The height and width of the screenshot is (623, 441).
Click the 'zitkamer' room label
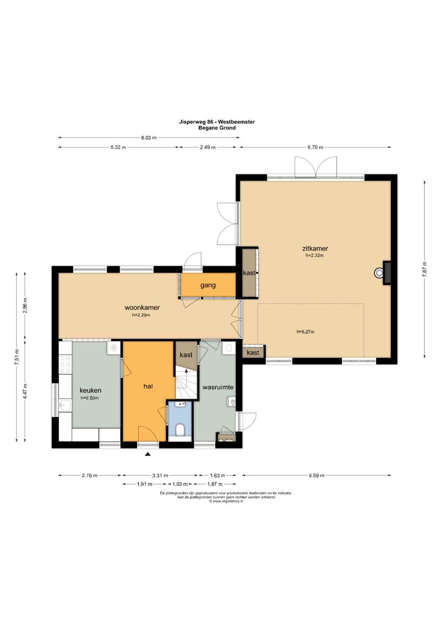click(315, 248)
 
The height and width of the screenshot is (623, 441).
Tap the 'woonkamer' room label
click(142, 307)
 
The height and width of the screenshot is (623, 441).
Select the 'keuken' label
click(91, 390)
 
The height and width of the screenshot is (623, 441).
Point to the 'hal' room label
click(148, 386)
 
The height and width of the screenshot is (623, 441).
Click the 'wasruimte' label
click(218, 387)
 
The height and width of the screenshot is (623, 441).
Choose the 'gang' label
click(208, 285)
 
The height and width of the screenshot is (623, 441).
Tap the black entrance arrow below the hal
click(148, 454)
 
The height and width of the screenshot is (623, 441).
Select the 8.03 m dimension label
click(149, 137)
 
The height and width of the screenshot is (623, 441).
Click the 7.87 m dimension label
click(424, 269)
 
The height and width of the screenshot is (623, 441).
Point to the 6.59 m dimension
click(316, 476)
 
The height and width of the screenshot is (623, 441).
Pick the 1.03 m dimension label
click(180, 484)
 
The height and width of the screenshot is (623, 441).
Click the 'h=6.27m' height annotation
click(305, 332)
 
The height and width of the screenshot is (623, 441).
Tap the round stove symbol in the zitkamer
click(379, 273)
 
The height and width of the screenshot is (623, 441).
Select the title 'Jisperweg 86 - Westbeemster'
click(217, 122)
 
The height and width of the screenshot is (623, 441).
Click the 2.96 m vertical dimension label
click(25, 306)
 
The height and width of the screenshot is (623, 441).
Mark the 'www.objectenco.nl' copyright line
click(226, 501)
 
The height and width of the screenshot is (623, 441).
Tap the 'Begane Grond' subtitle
click(217, 128)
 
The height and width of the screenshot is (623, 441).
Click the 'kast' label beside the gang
click(249, 273)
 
